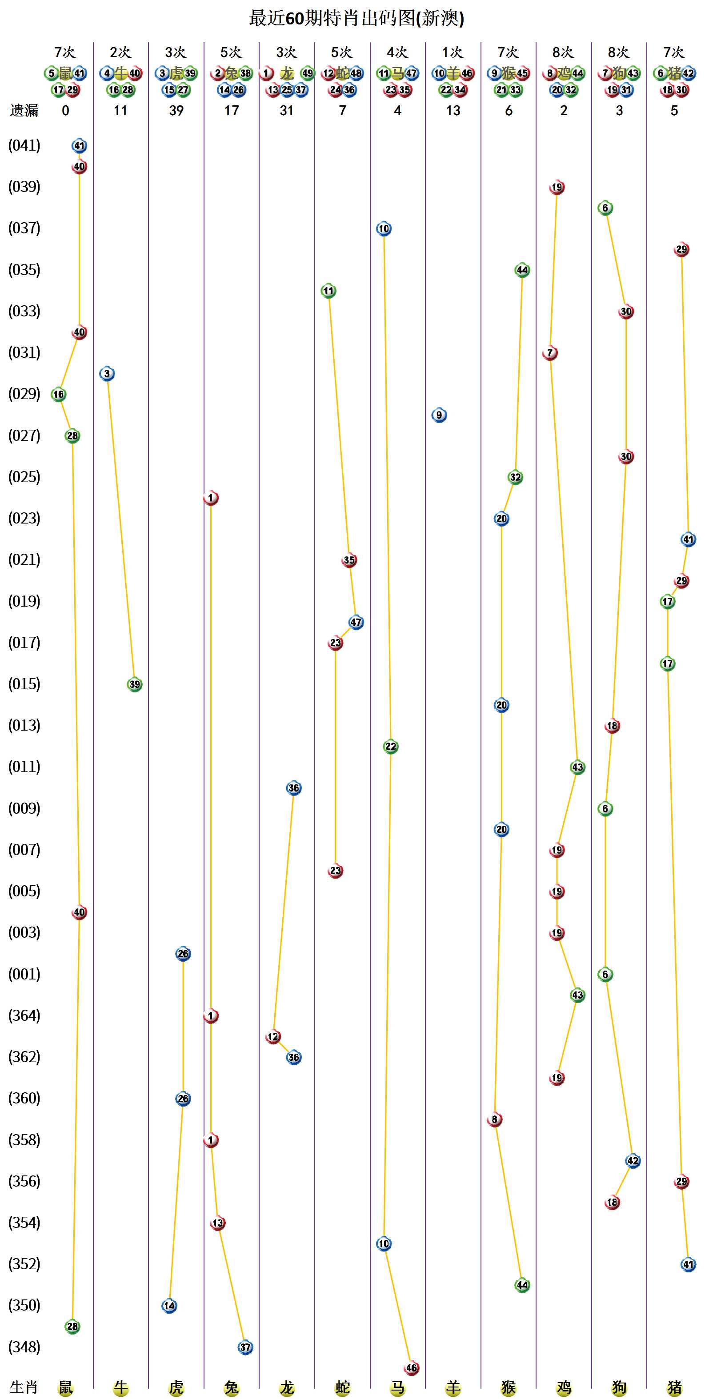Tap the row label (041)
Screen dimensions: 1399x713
click(x=24, y=146)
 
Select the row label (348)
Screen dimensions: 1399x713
click(x=24, y=1347)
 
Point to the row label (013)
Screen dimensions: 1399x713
click(x=24, y=726)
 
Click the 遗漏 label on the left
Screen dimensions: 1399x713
click(x=24, y=111)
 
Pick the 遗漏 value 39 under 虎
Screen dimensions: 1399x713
click(x=176, y=111)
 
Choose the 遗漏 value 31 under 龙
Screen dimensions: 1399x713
click(x=287, y=111)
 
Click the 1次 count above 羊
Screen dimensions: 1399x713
click(x=453, y=52)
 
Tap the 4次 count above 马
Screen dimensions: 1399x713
click(x=397, y=52)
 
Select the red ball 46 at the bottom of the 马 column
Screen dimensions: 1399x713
click(x=412, y=1368)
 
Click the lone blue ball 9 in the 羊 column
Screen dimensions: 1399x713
click(x=439, y=416)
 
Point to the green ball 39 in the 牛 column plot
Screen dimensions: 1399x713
click(x=135, y=684)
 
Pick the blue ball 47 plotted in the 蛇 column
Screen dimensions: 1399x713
click(x=356, y=622)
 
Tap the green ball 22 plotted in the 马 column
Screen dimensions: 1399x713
click(x=391, y=747)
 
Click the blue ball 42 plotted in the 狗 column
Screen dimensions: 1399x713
click(x=633, y=1161)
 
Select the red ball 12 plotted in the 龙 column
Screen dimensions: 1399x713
click(x=273, y=1037)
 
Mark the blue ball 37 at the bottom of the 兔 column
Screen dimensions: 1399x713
click(x=245, y=1347)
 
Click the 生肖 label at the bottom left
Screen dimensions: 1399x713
click(x=24, y=1387)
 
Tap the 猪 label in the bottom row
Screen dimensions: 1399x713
click(x=674, y=1387)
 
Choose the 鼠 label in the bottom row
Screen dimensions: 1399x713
click(x=66, y=1387)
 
